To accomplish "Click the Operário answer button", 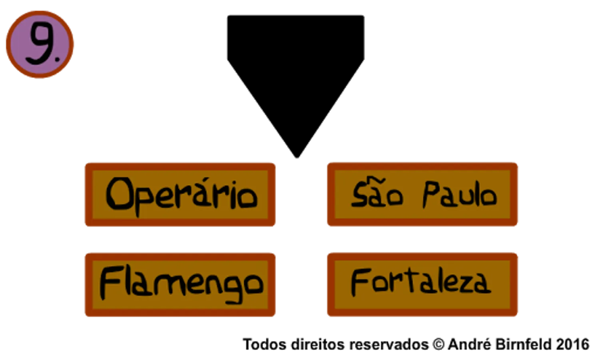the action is point(180,195).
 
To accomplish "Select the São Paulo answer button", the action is point(423,194).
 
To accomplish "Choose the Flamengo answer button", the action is point(180,285).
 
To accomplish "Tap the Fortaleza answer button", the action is point(423,284).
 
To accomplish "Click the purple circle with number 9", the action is point(40,44).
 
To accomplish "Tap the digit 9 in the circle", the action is point(40,43).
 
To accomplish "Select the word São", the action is point(377,192).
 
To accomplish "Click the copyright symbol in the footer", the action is point(439,344).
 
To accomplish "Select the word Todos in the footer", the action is point(264,344).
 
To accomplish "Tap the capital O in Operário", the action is point(119,194).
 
